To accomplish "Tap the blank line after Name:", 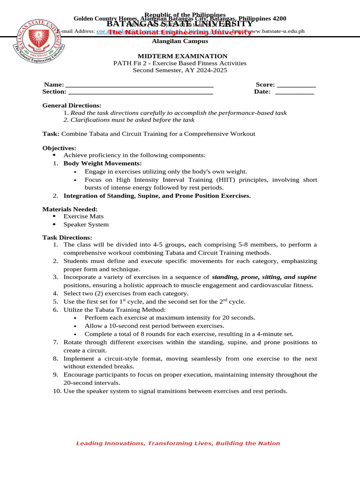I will [x=139, y=85].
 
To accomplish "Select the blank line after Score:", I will [x=296, y=85].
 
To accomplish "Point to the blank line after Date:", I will [x=294, y=92].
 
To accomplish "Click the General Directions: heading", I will [x=72, y=105].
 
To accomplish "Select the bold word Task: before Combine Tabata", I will [x=51, y=134].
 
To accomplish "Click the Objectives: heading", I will [x=59, y=148].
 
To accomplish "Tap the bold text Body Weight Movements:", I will [x=102, y=163].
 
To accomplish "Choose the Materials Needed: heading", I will [x=70, y=209].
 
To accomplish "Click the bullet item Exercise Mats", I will [x=83, y=216].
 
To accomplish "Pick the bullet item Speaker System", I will [x=86, y=225].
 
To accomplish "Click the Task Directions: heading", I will [x=67, y=238].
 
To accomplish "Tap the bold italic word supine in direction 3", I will [x=307, y=277].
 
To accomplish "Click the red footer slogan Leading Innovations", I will [x=178, y=443].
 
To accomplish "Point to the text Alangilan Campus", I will [x=180, y=41].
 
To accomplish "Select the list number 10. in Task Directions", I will [x=57, y=391].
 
